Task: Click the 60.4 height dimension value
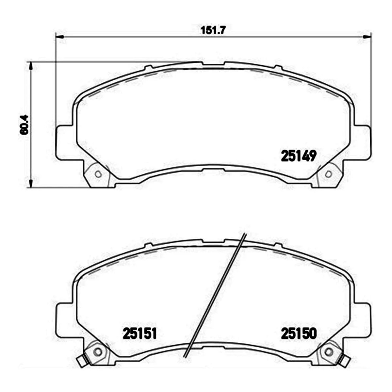[24, 125]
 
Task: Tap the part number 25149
[299, 156]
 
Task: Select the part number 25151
[140, 334]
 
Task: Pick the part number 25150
[299, 334]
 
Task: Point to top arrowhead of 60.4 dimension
[31, 65]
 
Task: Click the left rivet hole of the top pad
[98, 174]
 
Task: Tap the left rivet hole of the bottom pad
[97, 351]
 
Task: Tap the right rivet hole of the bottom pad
[329, 351]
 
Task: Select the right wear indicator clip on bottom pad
[345, 361]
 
